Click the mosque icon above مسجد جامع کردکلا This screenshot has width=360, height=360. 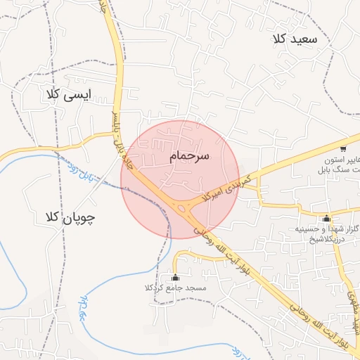tap(175, 276)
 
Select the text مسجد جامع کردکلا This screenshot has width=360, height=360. tap(175, 288)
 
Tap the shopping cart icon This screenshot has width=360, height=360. tap(343, 148)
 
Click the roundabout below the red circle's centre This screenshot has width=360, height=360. tap(184, 207)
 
